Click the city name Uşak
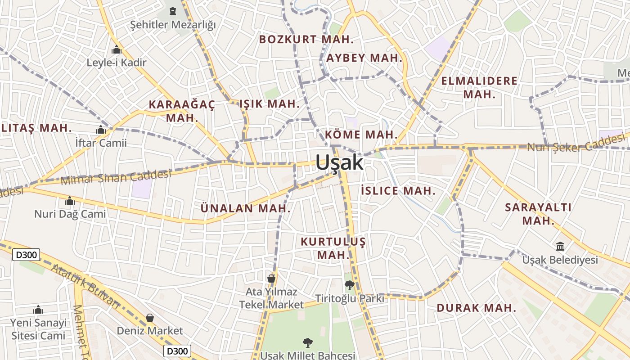[339, 162]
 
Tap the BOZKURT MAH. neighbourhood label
[306, 39]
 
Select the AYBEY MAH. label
[364, 58]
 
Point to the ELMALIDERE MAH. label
[479, 88]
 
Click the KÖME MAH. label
[361, 135]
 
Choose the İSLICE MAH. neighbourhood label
[398, 191]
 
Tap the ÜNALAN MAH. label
[245, 208]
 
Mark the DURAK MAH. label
[476, 308]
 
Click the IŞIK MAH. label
[269, 104]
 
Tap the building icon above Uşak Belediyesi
[560, 246]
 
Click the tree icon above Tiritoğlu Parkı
[349, 285]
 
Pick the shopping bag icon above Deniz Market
[150, 318]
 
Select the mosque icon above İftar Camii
[101, 130]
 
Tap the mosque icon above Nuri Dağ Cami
[70, 200]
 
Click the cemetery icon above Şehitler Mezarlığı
[173, 11]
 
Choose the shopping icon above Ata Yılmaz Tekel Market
[271, 278]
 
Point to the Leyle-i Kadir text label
[117, 63]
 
